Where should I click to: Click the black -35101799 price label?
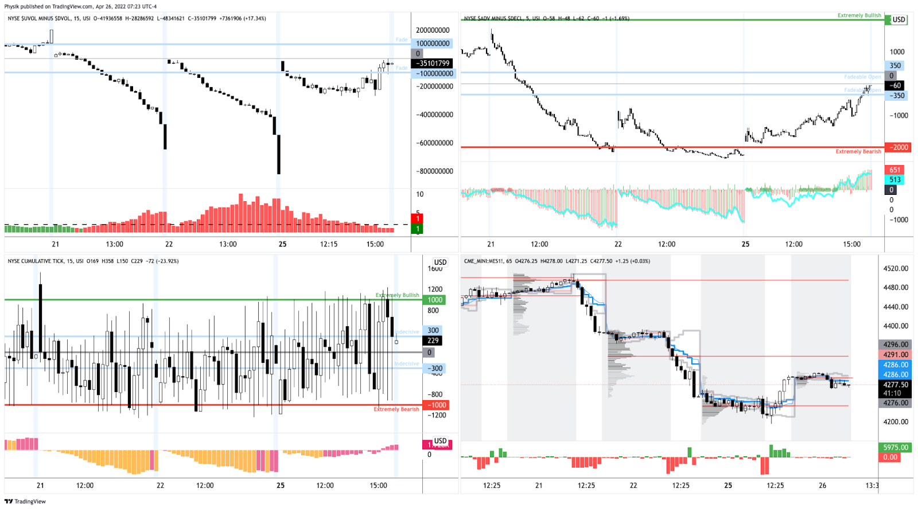(x=433, y=63)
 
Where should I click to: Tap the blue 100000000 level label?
(x=433, y=44)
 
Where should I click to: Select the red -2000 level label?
(x=898, y=147)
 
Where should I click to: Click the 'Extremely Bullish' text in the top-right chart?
(x=859, y=15)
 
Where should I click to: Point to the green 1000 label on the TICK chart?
(x=435, y=300)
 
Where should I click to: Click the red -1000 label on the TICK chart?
(x=437, y=405)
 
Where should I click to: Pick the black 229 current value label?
(x=433, y=340)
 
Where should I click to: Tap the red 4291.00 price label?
(x=895, y=355)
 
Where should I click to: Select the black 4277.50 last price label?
(x=895, y=385)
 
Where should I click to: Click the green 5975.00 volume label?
(x=895, y=447)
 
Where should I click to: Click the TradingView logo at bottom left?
(x=25, y=502)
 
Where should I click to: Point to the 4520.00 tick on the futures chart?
(x=896, y=268)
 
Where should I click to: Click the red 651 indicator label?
(x=895, y=170)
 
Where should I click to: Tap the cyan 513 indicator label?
(x=895, y=179)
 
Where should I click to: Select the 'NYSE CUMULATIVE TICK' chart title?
(x=43, y=261)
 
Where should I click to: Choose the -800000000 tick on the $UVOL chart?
(x=434, y=171)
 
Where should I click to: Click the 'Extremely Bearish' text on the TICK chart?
(x=396, y=409)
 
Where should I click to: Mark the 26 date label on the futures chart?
(x=822, y=485)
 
